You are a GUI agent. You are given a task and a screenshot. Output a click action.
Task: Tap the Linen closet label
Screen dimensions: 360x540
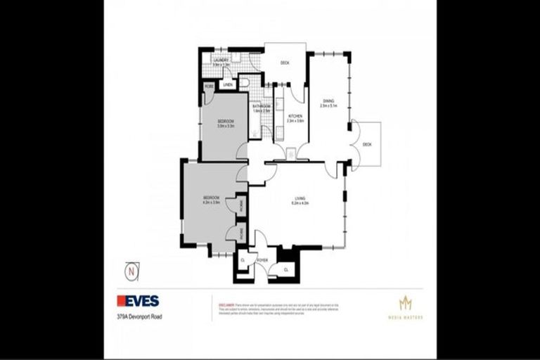coord(227,85)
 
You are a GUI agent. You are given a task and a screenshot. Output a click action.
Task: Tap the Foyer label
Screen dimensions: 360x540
coord(262,260)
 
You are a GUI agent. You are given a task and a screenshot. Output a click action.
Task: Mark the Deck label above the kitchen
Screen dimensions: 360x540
coord(285,63)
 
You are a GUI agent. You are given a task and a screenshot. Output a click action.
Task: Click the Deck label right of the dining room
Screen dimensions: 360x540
coord(367,145)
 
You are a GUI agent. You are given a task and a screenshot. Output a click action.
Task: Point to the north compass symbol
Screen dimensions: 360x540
coord(129,269)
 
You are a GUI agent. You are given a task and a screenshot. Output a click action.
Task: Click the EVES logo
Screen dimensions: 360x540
coord(138,301)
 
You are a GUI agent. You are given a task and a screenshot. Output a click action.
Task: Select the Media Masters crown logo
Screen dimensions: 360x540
coord(404,304)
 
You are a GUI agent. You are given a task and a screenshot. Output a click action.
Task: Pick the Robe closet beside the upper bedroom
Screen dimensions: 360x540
coord(209,86)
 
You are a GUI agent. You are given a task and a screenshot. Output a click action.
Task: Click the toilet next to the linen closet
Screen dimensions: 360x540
coord(243,83)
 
